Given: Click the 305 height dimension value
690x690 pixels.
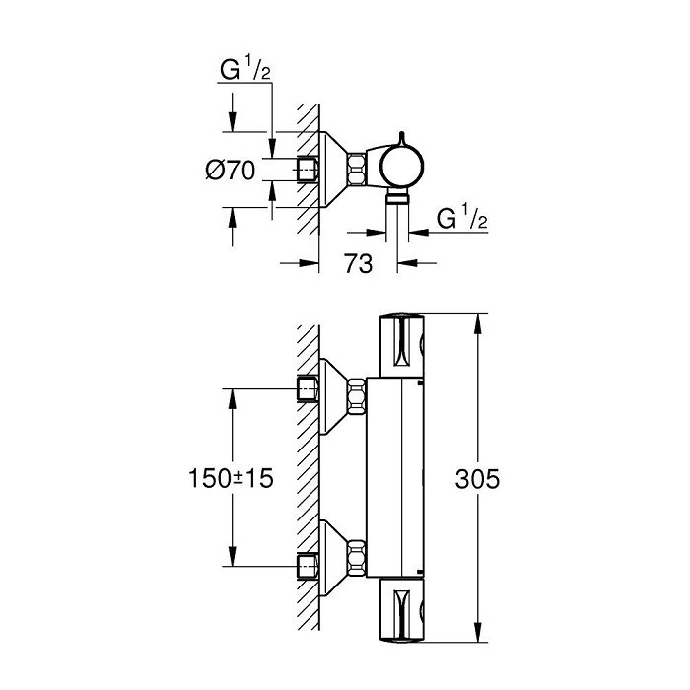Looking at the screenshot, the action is [477, 479].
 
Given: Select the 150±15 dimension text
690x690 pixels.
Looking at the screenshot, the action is [231, 478].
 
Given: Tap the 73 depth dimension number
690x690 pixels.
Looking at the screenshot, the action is [358, 263].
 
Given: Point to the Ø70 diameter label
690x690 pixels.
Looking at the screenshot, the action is [230, 171].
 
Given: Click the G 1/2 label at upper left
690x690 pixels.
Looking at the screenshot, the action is [245, 69].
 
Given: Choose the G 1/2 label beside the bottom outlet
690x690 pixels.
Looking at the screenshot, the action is [462, 218].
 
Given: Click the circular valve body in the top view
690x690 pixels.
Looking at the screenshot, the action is [401, 168].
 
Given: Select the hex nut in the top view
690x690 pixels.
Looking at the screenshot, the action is [357, 169].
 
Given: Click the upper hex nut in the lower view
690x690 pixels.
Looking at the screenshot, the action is [357, 397].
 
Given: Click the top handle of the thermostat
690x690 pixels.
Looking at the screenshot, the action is [402, 345].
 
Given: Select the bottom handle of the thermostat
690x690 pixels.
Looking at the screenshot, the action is [402, 610].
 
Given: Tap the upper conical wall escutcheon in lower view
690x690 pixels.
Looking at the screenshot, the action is [333, 396].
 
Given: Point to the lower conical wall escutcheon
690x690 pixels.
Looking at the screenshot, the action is [333, 559].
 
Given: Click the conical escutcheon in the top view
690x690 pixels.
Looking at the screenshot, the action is [333, 169].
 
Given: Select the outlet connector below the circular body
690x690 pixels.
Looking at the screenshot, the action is [397, 197].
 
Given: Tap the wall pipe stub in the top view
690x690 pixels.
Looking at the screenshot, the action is [308, 169].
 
